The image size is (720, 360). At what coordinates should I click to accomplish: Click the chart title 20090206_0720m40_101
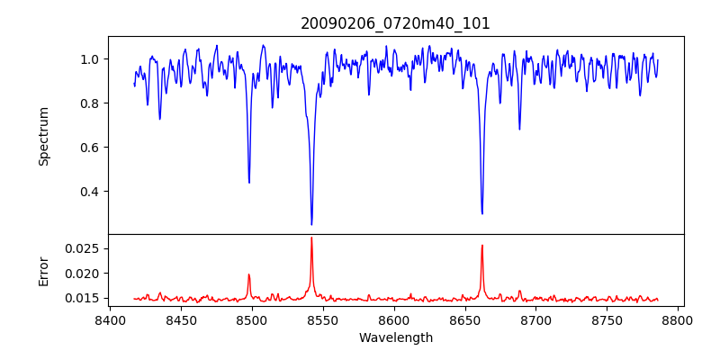[x=396, y=23]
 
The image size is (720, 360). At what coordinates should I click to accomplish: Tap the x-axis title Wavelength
[x=396, y=337]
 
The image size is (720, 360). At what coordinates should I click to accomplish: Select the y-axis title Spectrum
[x=43, y=136]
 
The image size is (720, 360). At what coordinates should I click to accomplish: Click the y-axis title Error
[x=43, y=271]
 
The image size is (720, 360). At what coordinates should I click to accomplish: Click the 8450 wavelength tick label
[x=181, y=319]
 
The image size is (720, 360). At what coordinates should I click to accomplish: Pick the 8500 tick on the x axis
[x=252, y=319]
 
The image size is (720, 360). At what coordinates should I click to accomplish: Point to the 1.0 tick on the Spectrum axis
[x=90, y=59]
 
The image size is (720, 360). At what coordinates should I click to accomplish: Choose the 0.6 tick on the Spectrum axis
[x=90, y=148]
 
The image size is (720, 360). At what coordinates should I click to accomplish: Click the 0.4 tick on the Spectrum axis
[x=90, y=192]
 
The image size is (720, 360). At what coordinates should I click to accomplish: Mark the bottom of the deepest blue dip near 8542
[x=311, y=224]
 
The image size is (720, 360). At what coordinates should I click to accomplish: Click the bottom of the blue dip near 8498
[x=249, y=183]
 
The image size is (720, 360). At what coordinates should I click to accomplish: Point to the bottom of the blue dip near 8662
[x=482, y=213]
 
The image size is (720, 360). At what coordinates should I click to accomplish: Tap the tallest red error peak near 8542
[x=311, y=238]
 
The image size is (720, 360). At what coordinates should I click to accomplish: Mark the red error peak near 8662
[x=482, y=245]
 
